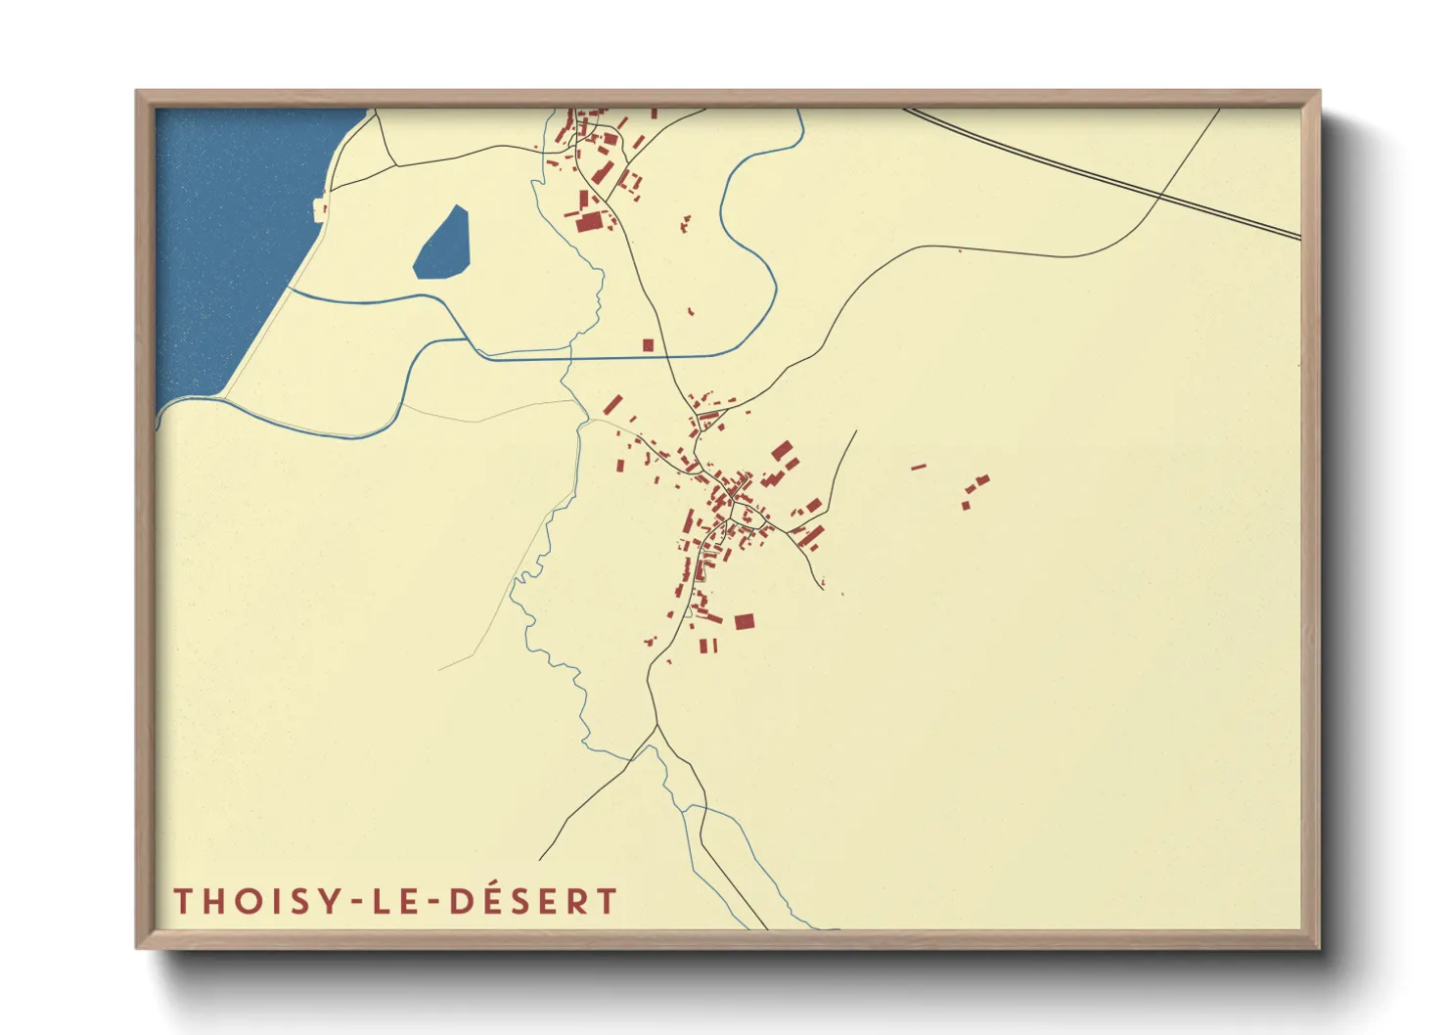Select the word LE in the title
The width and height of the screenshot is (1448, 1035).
coord(400,901)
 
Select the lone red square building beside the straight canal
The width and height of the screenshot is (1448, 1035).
coord(648,345)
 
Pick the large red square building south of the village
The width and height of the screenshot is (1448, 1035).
coord(745,621)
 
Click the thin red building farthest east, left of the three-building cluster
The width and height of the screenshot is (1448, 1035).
coord(919,467)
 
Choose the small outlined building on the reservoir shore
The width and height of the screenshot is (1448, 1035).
coord(318,207)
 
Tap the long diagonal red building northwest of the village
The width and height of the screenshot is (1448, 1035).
coord(613,404)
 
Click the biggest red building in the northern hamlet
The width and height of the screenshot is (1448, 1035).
coord(587,222)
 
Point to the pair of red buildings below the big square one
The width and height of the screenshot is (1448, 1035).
coord(707,646)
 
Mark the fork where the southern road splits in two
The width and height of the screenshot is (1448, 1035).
coord(656,726)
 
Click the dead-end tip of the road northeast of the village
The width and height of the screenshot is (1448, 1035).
coord(856,431)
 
